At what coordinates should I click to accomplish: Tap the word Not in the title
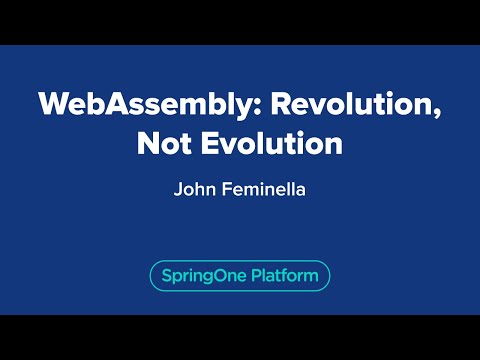[159, 142]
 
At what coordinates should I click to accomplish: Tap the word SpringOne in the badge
[200, 274]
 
